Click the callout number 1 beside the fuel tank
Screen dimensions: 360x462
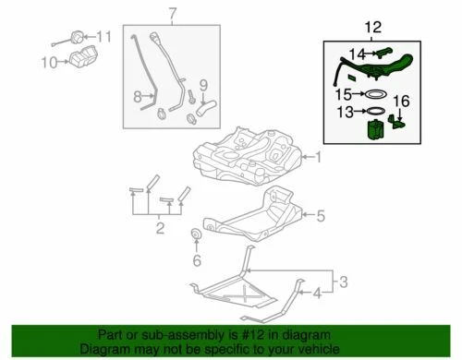(319, 157)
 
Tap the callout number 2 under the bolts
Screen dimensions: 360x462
(159, 228)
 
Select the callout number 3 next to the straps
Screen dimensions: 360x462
(342, 280)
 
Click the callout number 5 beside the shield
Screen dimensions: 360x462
(321, 217)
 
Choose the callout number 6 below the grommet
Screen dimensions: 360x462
(196, 261)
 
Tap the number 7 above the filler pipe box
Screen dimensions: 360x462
(171, 13)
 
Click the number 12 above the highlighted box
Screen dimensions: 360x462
(372, 29)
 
